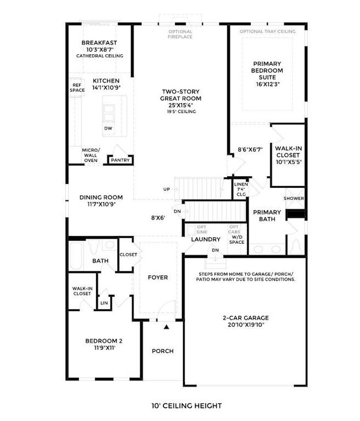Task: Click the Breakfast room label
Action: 99,43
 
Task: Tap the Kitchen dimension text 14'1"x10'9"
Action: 106,88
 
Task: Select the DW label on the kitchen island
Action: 108,129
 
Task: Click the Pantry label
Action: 120,160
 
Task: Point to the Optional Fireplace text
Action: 180,34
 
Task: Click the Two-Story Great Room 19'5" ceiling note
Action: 181,111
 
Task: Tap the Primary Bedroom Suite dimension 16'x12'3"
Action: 267,84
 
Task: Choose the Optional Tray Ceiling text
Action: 268,32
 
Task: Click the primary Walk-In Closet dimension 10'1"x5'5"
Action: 289,162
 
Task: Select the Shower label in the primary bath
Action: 294,198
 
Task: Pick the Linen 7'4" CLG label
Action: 241,189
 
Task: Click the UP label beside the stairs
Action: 167,189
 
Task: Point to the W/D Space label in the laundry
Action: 237,239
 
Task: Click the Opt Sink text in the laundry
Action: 202,229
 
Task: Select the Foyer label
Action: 158,278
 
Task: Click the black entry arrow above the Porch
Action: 167,327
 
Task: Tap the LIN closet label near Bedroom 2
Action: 104,303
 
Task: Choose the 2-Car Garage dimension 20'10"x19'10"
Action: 246,325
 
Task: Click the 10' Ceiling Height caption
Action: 187,405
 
